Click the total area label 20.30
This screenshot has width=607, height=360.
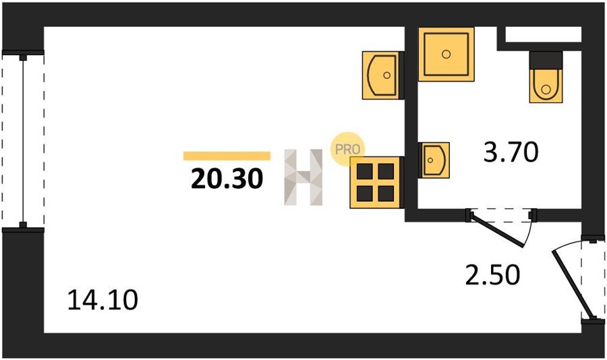click(227, 179)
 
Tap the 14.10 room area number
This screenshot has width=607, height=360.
click(103, 300)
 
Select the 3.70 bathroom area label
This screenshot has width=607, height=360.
click(511, 152)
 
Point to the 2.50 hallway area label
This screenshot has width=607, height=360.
click(492, 275)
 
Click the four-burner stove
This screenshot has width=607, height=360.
click(376, 182)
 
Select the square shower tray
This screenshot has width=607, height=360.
click(446, 54)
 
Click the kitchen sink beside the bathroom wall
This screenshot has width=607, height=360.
click(381, 75)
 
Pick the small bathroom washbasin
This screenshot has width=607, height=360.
click(434, 160)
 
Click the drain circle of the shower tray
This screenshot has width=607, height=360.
click(446, 54)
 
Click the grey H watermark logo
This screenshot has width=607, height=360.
click(303, 177)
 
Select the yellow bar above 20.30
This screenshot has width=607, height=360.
click(227, 156)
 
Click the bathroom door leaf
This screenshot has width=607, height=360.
click(496, 231)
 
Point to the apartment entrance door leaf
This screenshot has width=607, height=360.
click(573, 284)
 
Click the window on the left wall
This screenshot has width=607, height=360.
click(23, 140)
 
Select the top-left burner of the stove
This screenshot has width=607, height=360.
click(365, 171)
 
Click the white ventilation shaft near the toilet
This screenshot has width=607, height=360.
click(544, 34)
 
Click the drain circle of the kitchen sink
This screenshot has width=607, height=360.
click(386, 76)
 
